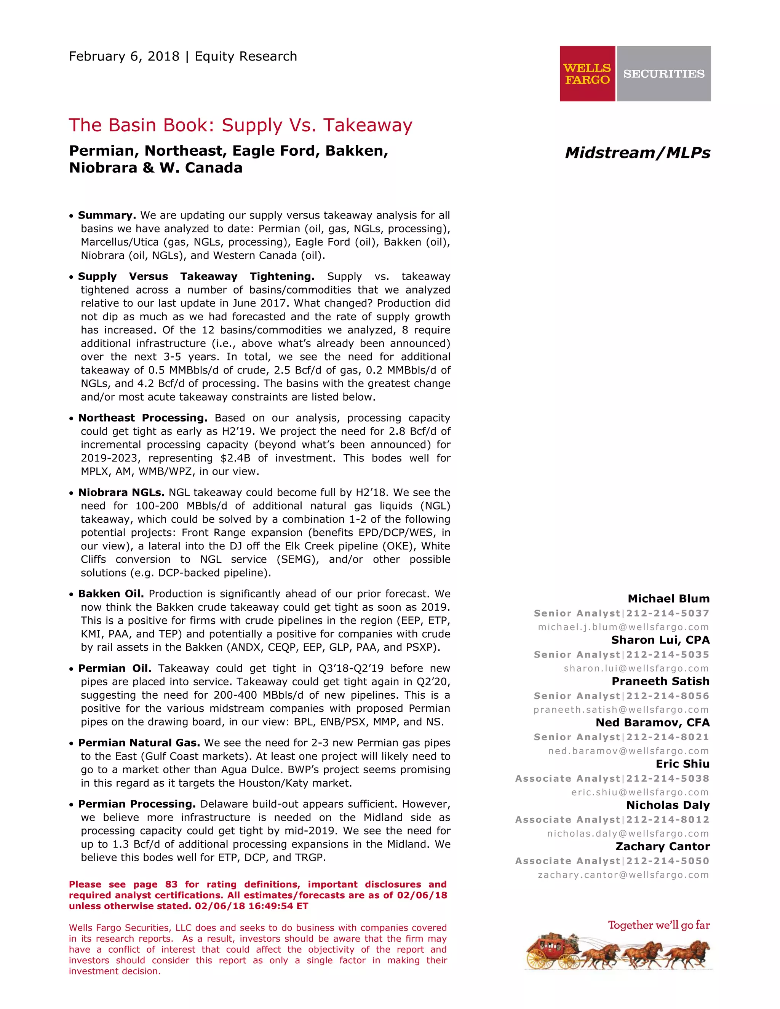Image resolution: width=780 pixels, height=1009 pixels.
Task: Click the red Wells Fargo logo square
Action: pos(587,73)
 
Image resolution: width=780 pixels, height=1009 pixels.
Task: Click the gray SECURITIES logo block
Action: pos(663,73)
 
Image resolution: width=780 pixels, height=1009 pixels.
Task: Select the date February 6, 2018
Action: pos(124,56)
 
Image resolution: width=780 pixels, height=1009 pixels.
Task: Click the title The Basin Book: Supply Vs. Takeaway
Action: pos(240,125)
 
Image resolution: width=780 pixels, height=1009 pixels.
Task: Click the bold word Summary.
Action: pos(107,215)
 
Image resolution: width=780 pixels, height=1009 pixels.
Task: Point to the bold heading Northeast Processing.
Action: pos(143,418)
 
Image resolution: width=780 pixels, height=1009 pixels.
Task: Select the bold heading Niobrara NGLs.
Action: pos(121,492)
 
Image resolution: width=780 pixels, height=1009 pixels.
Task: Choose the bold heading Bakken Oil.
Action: pos(111,594)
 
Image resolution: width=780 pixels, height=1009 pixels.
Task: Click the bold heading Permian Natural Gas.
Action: pos(139,743)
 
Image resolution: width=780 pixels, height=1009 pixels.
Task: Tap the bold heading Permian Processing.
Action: pos(137,804)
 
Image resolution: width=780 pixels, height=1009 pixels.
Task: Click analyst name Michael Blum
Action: pos(668,599)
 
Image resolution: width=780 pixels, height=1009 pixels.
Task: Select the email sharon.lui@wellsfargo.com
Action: pos(636,669)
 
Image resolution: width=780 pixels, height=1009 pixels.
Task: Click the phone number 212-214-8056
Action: pos(667,696)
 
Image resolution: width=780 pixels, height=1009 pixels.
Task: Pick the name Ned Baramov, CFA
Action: pos(652,723)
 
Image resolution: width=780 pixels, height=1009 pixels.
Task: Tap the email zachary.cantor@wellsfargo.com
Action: pos(623,875)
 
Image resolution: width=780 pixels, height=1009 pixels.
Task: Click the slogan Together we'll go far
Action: pos(659,925)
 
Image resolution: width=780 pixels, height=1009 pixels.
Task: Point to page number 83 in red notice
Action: pos(171,884)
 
